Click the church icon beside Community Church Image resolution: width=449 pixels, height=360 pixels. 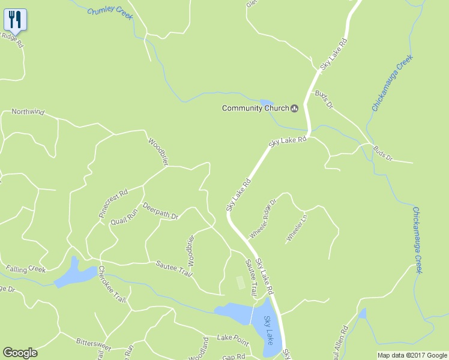295,108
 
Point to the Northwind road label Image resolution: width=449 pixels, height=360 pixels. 28,112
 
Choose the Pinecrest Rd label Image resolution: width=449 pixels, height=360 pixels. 113,203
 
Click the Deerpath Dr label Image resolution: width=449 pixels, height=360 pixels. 161,211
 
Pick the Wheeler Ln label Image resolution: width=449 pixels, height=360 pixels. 297,228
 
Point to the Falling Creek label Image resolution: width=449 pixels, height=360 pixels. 26,269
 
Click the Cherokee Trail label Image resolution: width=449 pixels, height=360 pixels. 112,284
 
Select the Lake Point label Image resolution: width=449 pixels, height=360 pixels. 233,340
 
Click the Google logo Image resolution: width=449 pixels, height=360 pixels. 20,353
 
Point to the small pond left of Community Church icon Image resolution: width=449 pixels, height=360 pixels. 266,103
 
